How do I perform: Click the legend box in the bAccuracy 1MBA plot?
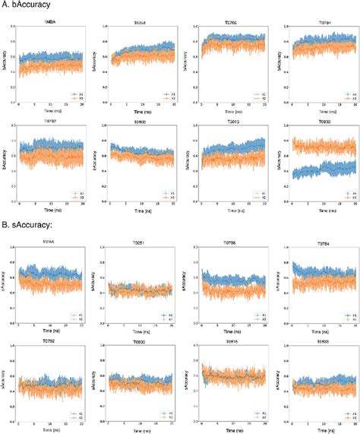[75, 97]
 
